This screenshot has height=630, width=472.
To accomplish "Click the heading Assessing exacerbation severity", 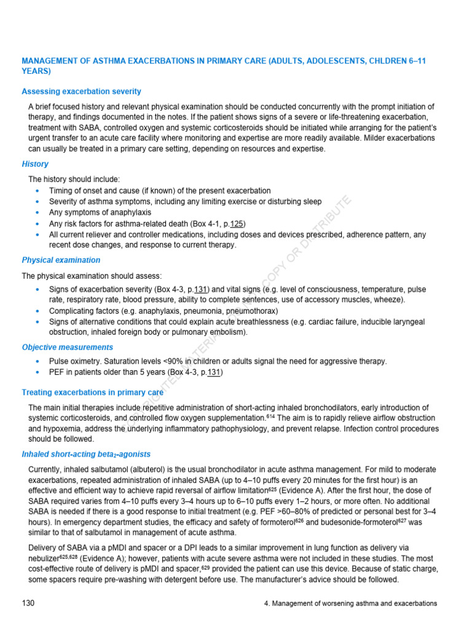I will coord(81,92).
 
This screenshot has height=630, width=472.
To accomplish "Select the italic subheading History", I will coord(35,164).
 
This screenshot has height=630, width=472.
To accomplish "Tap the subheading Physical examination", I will coord(61,260).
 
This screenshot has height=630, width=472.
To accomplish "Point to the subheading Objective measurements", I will coord(68,347).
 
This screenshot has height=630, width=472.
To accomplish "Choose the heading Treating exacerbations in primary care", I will coord(92,392).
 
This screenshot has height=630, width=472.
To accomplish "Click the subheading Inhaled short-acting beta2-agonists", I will coord(86,454).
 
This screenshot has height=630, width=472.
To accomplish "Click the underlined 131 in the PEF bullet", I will coord(214,372).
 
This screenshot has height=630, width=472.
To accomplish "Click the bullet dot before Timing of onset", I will coord(38,191).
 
